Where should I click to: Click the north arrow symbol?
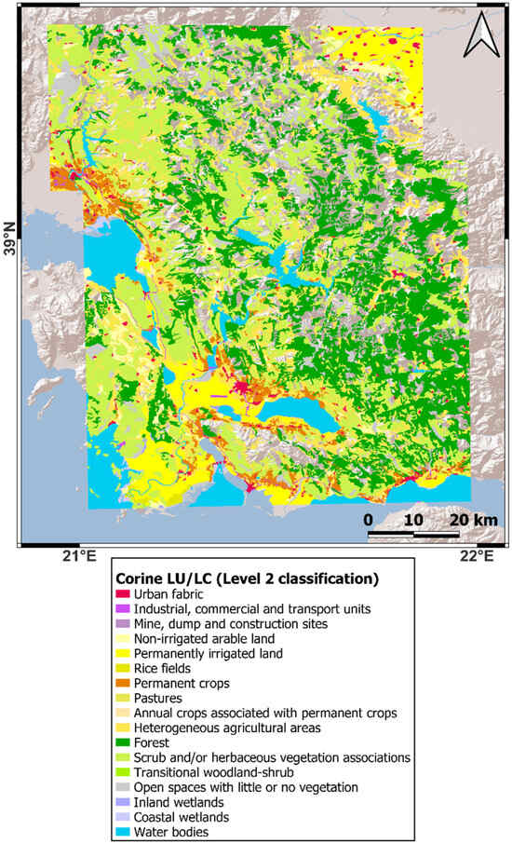pos(481,36)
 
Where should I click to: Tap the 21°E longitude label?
pos(79,557)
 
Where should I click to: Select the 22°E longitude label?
pos(477,557)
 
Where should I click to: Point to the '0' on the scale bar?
pos(368,519)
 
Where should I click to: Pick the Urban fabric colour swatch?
pos(122,593)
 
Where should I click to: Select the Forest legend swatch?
pos(122,742)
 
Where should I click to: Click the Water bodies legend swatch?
pos(122,832)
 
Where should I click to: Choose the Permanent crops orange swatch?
pos(122,683)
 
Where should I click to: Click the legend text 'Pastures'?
pos(159,698)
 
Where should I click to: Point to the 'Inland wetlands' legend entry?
pos(179,802)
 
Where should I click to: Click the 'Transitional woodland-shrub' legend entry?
pos(215,772)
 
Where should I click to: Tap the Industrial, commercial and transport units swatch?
pos(122,608)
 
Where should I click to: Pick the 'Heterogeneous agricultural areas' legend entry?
pos(227,728)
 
